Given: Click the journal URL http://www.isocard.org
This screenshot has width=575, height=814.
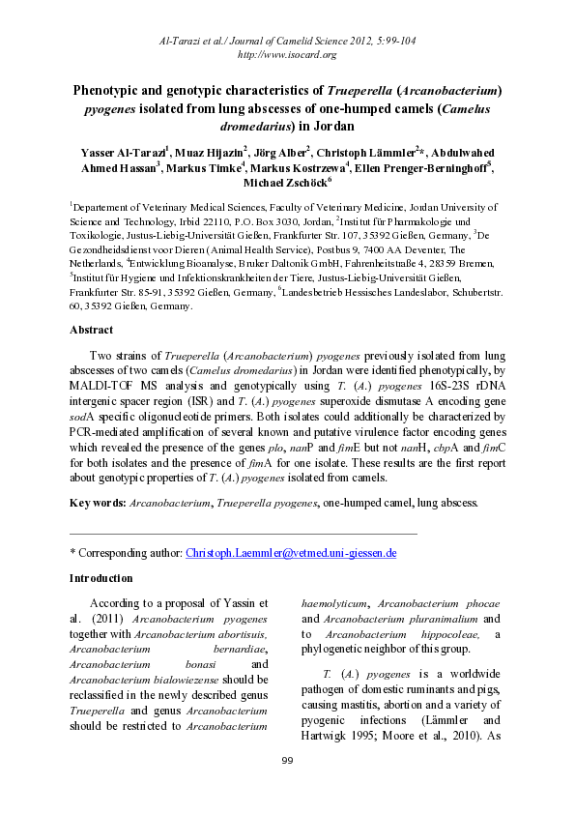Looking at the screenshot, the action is (x=286, y=54).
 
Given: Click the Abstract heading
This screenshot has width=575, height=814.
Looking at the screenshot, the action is (x=92, y=330).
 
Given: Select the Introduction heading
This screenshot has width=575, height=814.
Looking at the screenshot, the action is (x=101, y=578).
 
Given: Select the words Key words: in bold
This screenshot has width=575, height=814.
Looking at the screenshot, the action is (x=98, y=503).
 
